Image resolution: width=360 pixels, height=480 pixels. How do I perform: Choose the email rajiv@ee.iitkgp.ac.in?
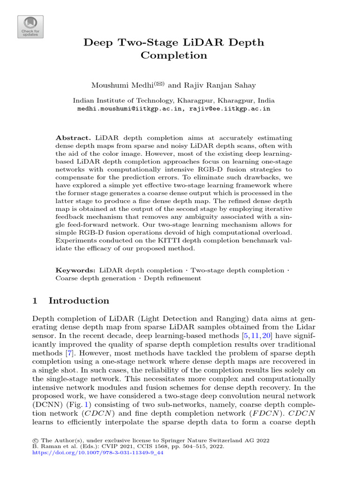coord(230,108)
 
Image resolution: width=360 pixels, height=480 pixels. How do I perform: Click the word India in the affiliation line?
coord(266,100)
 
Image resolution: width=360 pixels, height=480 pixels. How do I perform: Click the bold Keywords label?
coord(75,270)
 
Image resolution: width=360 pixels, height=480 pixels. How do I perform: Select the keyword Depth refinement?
coord(172,278)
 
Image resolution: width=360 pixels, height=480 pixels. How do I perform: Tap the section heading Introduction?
coord(79,301)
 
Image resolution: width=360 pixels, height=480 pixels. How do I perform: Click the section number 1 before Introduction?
coord(35,301)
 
